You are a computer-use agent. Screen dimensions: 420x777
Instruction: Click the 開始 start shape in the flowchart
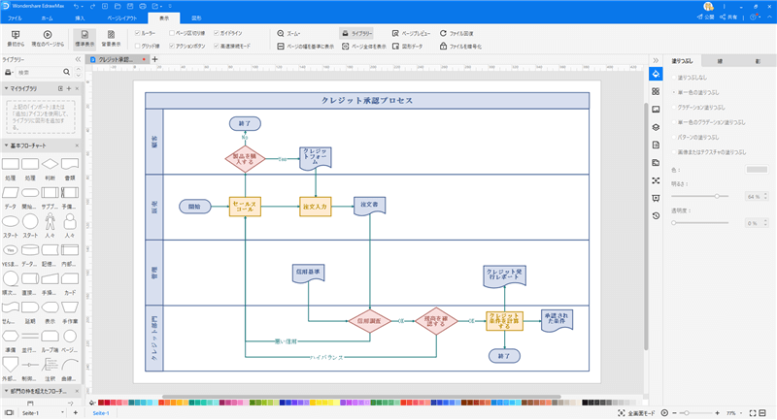[x=194, y=206]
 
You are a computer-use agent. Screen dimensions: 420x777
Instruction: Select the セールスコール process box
[x=245, y=206]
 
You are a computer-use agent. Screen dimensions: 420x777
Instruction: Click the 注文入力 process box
[x=316, y=206]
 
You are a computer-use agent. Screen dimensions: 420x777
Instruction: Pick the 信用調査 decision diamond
[x=369, y=319]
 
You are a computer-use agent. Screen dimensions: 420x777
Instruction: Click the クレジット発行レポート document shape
[x=504, y=276]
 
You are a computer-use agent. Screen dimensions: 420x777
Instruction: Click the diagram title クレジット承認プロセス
[x=367, y=100]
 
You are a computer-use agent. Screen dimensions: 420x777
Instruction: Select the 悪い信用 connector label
[x=286, y=341]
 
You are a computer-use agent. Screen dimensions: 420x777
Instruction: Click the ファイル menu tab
[x=16, y=17]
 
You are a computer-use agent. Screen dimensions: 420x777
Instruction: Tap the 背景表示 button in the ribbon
[x=111, y=38]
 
